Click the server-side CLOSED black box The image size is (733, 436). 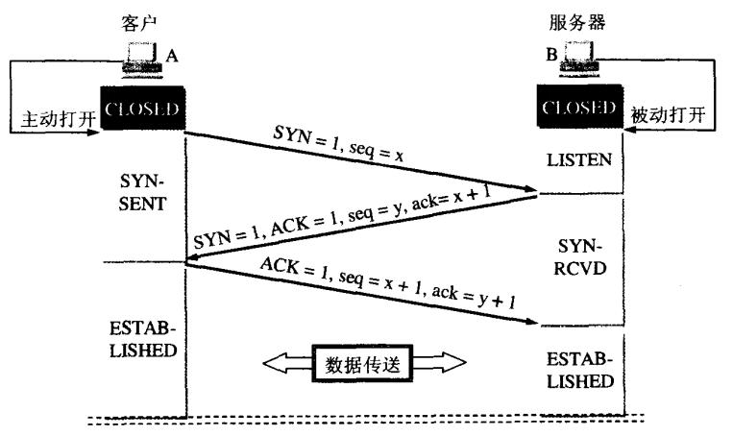(580, 108)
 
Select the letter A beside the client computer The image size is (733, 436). (172, 57)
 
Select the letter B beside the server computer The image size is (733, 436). (550, 57)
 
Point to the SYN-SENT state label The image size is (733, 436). (142, 194)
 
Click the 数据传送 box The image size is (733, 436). (364, 364)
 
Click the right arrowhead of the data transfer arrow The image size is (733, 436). (452, 364)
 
